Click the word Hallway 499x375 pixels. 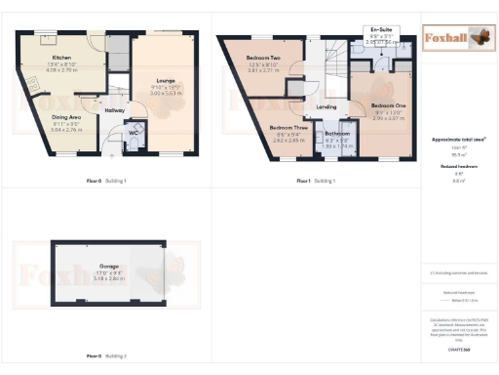click(115, 111)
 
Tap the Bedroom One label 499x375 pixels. click(389, 104)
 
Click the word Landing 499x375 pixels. click(326, 107)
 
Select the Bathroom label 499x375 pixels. click(337, 133)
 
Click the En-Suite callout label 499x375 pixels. click(381, 32)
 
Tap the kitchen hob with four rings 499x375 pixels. click(47, 40)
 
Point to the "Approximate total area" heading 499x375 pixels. click(458, 140)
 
